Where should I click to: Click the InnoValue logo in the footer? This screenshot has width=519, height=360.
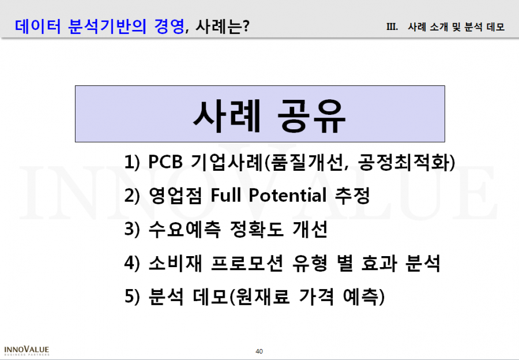click(x=27, y=351)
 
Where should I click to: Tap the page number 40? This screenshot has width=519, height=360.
click(x=259, y=351)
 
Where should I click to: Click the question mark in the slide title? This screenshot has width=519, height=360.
click(x=246, y=27)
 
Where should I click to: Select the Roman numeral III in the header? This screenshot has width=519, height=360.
click(x=392, y=27)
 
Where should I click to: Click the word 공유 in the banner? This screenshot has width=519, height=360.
click(x=311, y=116)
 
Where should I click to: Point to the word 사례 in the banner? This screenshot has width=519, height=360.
click(x=227, y=116)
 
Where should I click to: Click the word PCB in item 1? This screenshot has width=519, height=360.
click(x=165, y=162)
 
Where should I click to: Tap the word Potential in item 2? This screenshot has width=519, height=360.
click(x=288, y=195)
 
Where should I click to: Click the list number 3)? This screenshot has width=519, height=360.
click(x=132, y=229)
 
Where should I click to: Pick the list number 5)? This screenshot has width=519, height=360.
click(x=132, y=296)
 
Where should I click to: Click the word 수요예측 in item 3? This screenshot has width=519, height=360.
click(x=185, y=229)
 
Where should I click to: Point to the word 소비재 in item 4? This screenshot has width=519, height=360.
click(x=175, y=263)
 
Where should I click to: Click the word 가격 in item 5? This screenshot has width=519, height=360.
click(x=316, y=296)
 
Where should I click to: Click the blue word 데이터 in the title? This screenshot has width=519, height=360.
click(x=37, y=27)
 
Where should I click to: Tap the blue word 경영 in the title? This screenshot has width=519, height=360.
click(x=169, y=27)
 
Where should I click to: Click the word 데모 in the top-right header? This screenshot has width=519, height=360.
click(x=495, y=27)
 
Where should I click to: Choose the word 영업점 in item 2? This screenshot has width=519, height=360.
click(x=175, y=195)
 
